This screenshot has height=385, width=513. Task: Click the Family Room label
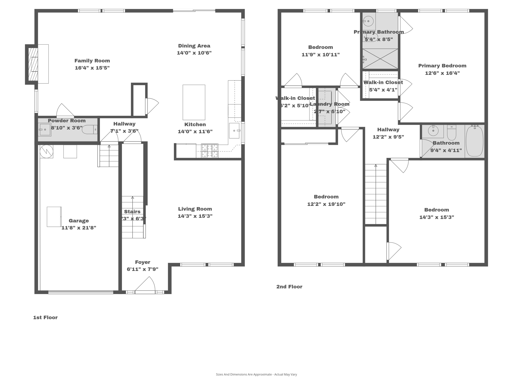coord(92,61)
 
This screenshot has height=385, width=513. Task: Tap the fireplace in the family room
coord(33,64)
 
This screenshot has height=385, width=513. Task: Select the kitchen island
coord(194,102)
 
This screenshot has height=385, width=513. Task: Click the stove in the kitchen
coord(210,151)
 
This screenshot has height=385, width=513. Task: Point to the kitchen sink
coord(234,131)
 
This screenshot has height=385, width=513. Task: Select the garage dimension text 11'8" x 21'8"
coord(79,228)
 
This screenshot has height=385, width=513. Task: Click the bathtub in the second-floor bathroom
coord(474,141)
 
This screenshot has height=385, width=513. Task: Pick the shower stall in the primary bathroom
coord(380,59)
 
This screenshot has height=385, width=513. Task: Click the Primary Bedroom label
coord(442,66)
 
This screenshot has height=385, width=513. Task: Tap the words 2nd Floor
coord(289,287)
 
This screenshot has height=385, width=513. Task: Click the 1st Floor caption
coord(45,318)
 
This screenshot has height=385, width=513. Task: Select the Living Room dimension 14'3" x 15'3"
coord(195,216)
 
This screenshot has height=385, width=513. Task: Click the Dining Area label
coord(194,46)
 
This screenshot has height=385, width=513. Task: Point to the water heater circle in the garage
coord(47,151)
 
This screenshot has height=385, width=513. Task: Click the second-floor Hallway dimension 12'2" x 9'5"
coord(388,137)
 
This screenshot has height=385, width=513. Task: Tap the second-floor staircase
coord(375,194)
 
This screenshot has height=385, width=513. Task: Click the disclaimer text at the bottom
coord(256,374)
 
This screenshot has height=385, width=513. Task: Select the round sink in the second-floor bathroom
coord(433,131)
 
